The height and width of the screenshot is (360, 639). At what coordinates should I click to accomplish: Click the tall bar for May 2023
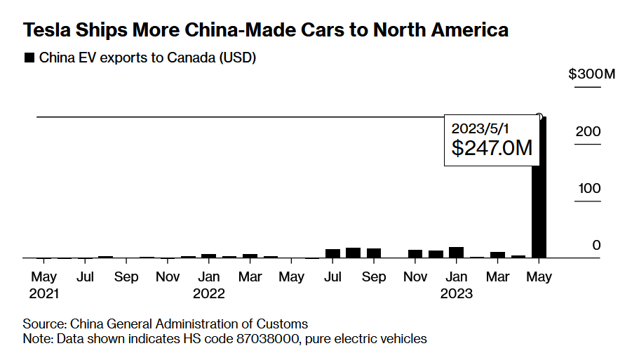click(539, 189)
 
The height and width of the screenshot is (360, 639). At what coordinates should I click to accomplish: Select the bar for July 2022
click(332, 253)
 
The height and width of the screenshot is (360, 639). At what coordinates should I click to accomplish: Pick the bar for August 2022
click(353, 253)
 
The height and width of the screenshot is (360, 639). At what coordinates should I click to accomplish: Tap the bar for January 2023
click(457, 253)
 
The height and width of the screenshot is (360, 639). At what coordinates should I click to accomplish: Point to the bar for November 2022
click(415, 254)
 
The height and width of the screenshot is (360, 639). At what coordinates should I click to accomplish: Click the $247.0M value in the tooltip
click(491, 148)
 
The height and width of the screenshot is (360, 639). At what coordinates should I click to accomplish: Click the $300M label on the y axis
click(591, 74)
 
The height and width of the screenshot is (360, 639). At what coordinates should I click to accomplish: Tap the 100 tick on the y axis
click(589, 188)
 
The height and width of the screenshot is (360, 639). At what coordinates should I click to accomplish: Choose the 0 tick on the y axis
click(596, 245)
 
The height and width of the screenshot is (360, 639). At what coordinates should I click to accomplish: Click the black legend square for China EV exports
click(29, 58)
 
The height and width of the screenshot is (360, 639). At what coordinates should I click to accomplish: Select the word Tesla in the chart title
click(46, 30)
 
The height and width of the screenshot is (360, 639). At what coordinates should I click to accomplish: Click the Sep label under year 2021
click(126, 277)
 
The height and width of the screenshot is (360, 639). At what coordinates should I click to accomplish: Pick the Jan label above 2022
click(208, 277)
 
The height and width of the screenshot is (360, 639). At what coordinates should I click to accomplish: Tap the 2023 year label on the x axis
click(457, 293)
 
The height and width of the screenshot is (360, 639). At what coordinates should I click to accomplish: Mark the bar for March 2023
click(498, 255)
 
